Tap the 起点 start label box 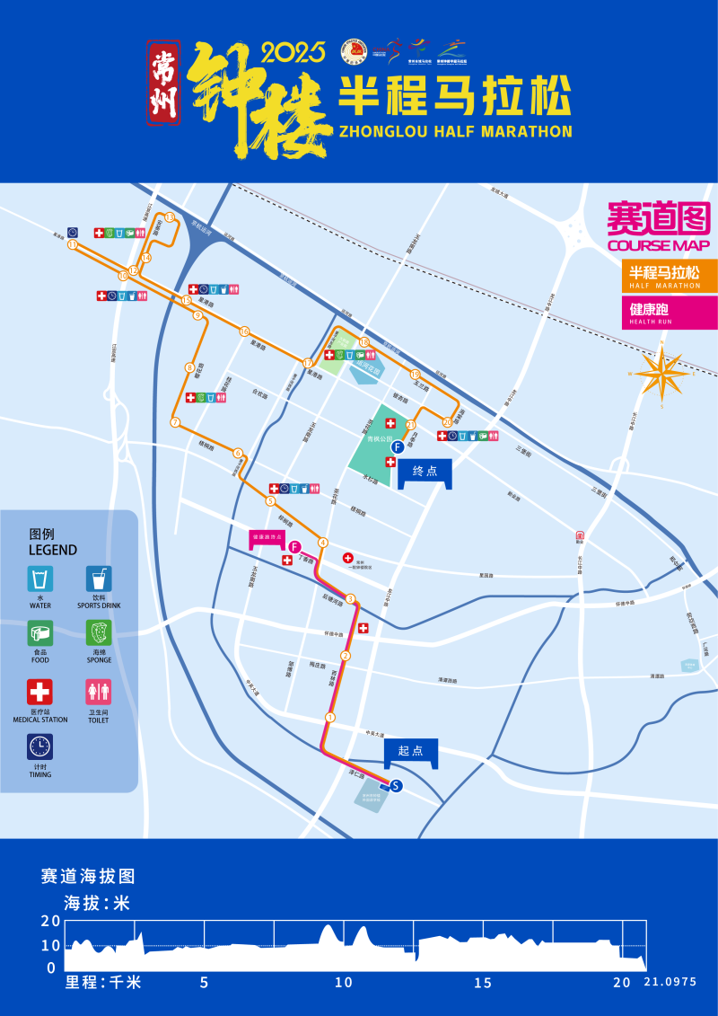pyautogui.click(x=411, y=751)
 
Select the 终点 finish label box pyautogui.click(x=425, y=472)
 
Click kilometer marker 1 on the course pyautogui.click(x=330, y=717)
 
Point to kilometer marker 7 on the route pyautogui.click(x=175, y=421)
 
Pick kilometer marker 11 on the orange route pyautogui.click(x=73, y=244)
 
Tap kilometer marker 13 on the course pyautogui.click(x=170, y=217)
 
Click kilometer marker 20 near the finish pyautogui.click(x=447, y=421)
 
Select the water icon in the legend pyautogui.click(x=39, y=579)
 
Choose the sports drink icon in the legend pyautogui.click(x=99, y=579)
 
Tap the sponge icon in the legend pyautogui.click(x=99, y=633)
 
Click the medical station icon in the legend pyautogui.click(x=39, y=692)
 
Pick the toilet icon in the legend pyautogui.click(x=99, y=692)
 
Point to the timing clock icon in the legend pyautogui.click(x=39, y=747)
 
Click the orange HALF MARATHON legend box pyautogui.click(x=669, y=275)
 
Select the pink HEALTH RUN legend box pyautogui.click(x=669, y=313)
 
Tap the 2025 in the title pyautogui.click(x=293, y=54)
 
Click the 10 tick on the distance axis pyautogui.click(x=344, y=983)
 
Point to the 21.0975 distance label pyautogui.click(x=670, y=983)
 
